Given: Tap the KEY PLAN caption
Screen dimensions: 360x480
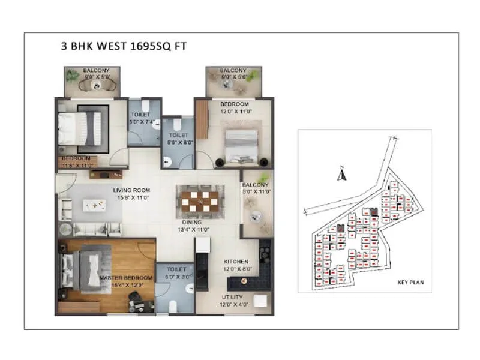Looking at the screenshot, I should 411,282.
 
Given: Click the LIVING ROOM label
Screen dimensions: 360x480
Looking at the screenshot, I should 132,191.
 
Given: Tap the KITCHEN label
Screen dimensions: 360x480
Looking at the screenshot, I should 236,262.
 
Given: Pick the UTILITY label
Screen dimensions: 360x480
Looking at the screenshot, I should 234,297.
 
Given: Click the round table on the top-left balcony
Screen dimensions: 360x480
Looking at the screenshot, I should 96,86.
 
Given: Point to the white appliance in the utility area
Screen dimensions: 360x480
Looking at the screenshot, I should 260,302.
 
